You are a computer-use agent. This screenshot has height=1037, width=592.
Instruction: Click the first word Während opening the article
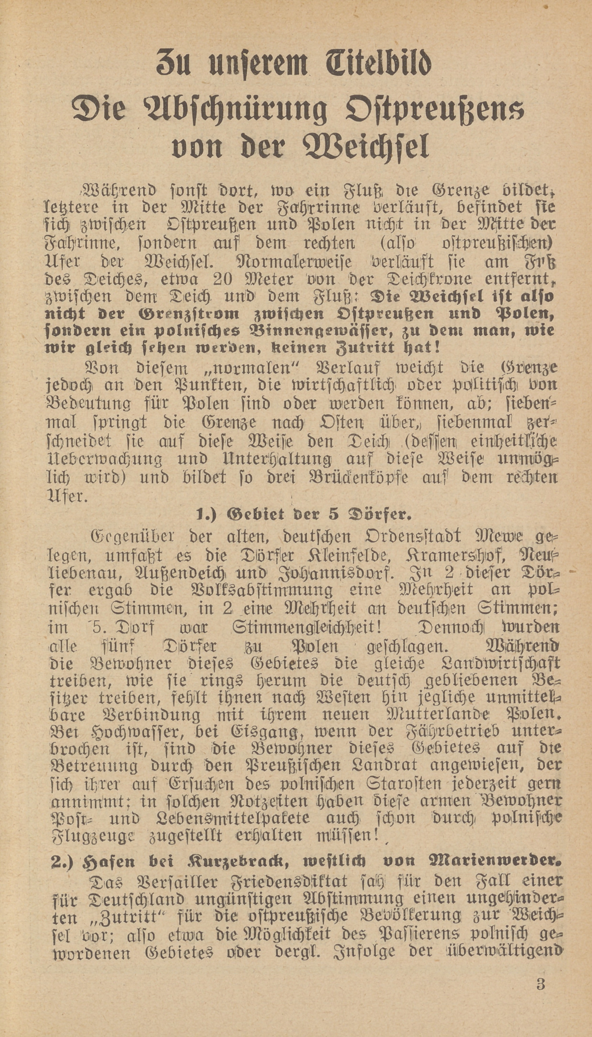tap(118, 190)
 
